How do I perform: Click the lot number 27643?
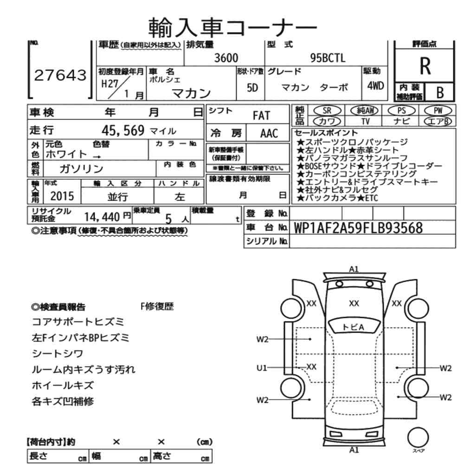tap(60, 75)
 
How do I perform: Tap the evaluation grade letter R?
tap(425, 66)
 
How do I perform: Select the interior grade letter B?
tap(440, 93)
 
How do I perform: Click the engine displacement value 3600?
tap(226, 58)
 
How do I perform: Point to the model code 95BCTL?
tap(328, 58)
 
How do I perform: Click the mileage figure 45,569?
tap(123, 130)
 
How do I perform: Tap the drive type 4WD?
tap(375, 86)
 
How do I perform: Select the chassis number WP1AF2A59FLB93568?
tap(358, 228)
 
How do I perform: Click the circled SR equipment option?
tap(327, 111)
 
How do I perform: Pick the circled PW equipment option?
tap(438, 111)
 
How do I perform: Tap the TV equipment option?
tap(366, 121)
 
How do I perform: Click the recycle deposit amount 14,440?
tap(102, 217)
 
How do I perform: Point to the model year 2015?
tap(62, 196)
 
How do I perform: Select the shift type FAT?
tap(261, 116)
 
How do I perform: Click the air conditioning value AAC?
tap(269, 134)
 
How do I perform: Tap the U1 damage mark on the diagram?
tap(262, 368)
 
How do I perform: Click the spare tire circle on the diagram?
tap(418, 438)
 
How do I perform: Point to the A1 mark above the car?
tap(354, 269)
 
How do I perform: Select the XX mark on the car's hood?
tap(354, 303)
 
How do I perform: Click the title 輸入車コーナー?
tap(232, 27)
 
